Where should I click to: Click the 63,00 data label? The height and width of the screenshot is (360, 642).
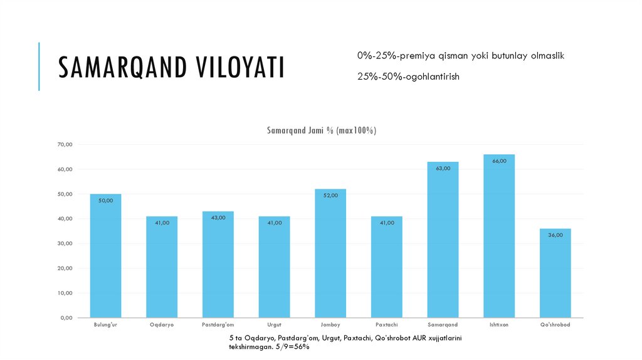pyautogui.click(x=443, y=168)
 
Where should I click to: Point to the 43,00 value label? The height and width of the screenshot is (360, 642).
pyautogui.click(x=218, y=218)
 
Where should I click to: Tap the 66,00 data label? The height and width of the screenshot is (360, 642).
pyautogui.click(x=499, y=161)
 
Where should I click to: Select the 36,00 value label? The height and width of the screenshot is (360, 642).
pyautogui.click(x=555, y=235)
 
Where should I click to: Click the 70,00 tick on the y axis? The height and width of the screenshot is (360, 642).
pyautogui.click(x=65, y=145)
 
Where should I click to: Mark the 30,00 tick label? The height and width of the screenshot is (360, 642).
pyautogui.click(x=65, y=243)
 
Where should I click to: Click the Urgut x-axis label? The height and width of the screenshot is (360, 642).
pyautogui.click(x=274, y=325)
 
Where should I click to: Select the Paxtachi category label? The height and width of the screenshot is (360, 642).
pyautogui.click(x=387, y=325)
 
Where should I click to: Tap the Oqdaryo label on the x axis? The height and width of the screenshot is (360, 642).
pyautogui.click(x=162, y=325)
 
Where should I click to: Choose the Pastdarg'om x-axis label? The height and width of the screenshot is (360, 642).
pyautogui.click(x=218, y=325)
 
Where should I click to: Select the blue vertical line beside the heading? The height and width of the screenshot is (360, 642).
pyautogui.click(x=39, y=66)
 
